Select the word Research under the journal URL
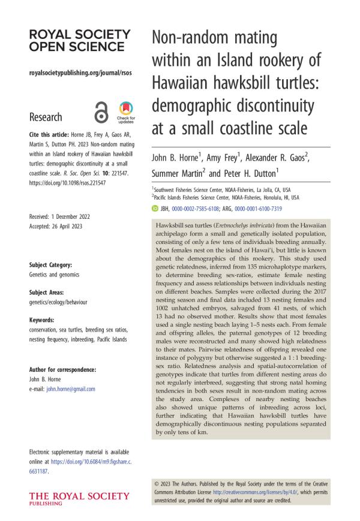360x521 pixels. [x=45, y=117]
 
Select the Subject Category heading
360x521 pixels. [x=50, y=264]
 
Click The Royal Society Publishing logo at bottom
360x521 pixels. [x=79, y=499]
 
